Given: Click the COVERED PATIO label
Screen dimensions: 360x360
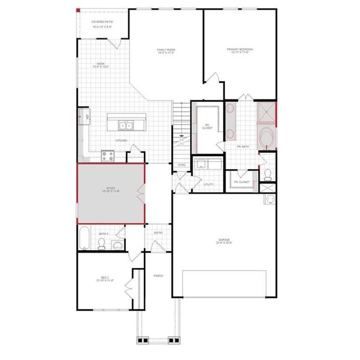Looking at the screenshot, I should tap(101, 23).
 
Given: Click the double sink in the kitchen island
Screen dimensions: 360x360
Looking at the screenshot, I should tap(125, 125).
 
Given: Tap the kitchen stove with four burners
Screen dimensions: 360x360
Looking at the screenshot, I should tap(107, 156).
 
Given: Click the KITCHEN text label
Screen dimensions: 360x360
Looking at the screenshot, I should tap(122, 141).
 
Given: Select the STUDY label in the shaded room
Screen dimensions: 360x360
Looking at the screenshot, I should tap(112, 190).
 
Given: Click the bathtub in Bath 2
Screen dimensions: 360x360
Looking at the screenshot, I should tap(85, 238).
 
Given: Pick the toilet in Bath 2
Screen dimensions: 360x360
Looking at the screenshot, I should tap(102, 243).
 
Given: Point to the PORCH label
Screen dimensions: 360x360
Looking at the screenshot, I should tap(158, 276).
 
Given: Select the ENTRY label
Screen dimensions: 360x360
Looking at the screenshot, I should tap(158, 233).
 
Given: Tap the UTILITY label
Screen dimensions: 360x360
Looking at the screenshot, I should tap(209, 184).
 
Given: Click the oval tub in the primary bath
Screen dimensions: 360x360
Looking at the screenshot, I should tap(267, 138).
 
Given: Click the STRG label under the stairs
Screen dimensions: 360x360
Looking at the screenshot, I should tap(182, 164).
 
